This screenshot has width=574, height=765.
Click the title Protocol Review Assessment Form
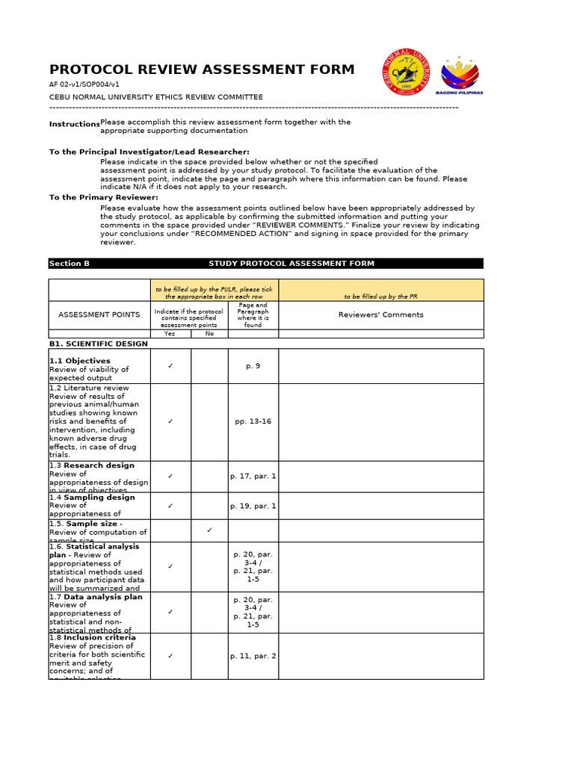pos(202,69)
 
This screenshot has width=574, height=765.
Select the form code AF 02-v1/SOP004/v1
pos(84,84)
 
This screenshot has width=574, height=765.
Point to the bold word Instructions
pos(74,124)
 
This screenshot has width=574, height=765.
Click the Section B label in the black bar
pos(70,264)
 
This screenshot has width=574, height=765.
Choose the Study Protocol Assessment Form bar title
pos(291,264)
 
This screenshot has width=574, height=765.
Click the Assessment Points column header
pos(99,315)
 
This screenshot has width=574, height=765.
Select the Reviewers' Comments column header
pos(380,315)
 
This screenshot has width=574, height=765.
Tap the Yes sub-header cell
pos(170,334)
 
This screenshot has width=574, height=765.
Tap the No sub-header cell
pos(209,334)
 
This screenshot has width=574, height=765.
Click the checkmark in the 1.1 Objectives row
pos(170,366)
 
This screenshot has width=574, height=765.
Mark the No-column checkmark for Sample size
pos(209,530)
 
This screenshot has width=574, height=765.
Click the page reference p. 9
pos(253,366)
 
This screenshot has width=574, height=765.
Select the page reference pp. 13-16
pos(253,421)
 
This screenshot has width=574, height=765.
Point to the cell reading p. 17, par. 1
pos(253,476)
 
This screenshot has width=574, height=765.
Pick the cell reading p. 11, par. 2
pos(253,656)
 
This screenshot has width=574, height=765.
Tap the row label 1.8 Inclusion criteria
pos(92,637)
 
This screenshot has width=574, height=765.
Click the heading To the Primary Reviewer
pos(103,197)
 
